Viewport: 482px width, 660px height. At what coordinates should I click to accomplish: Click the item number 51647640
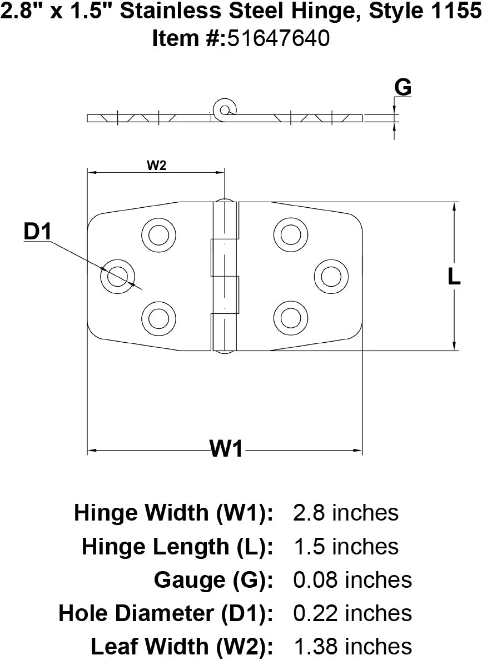[279, 38]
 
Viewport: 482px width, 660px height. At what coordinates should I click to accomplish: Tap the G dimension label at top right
[403, 88]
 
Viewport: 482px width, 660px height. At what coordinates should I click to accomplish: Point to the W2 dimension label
[157, 166]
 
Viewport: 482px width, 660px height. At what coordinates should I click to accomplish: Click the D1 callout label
[37, 232]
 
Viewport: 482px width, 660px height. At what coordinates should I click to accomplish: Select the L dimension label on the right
[454, 277]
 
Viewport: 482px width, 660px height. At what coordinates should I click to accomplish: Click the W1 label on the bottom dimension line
[227, 448]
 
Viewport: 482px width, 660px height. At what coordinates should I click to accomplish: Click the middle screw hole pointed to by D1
[117, 277]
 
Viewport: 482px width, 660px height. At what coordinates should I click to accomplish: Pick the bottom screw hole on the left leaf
[159, 318]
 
